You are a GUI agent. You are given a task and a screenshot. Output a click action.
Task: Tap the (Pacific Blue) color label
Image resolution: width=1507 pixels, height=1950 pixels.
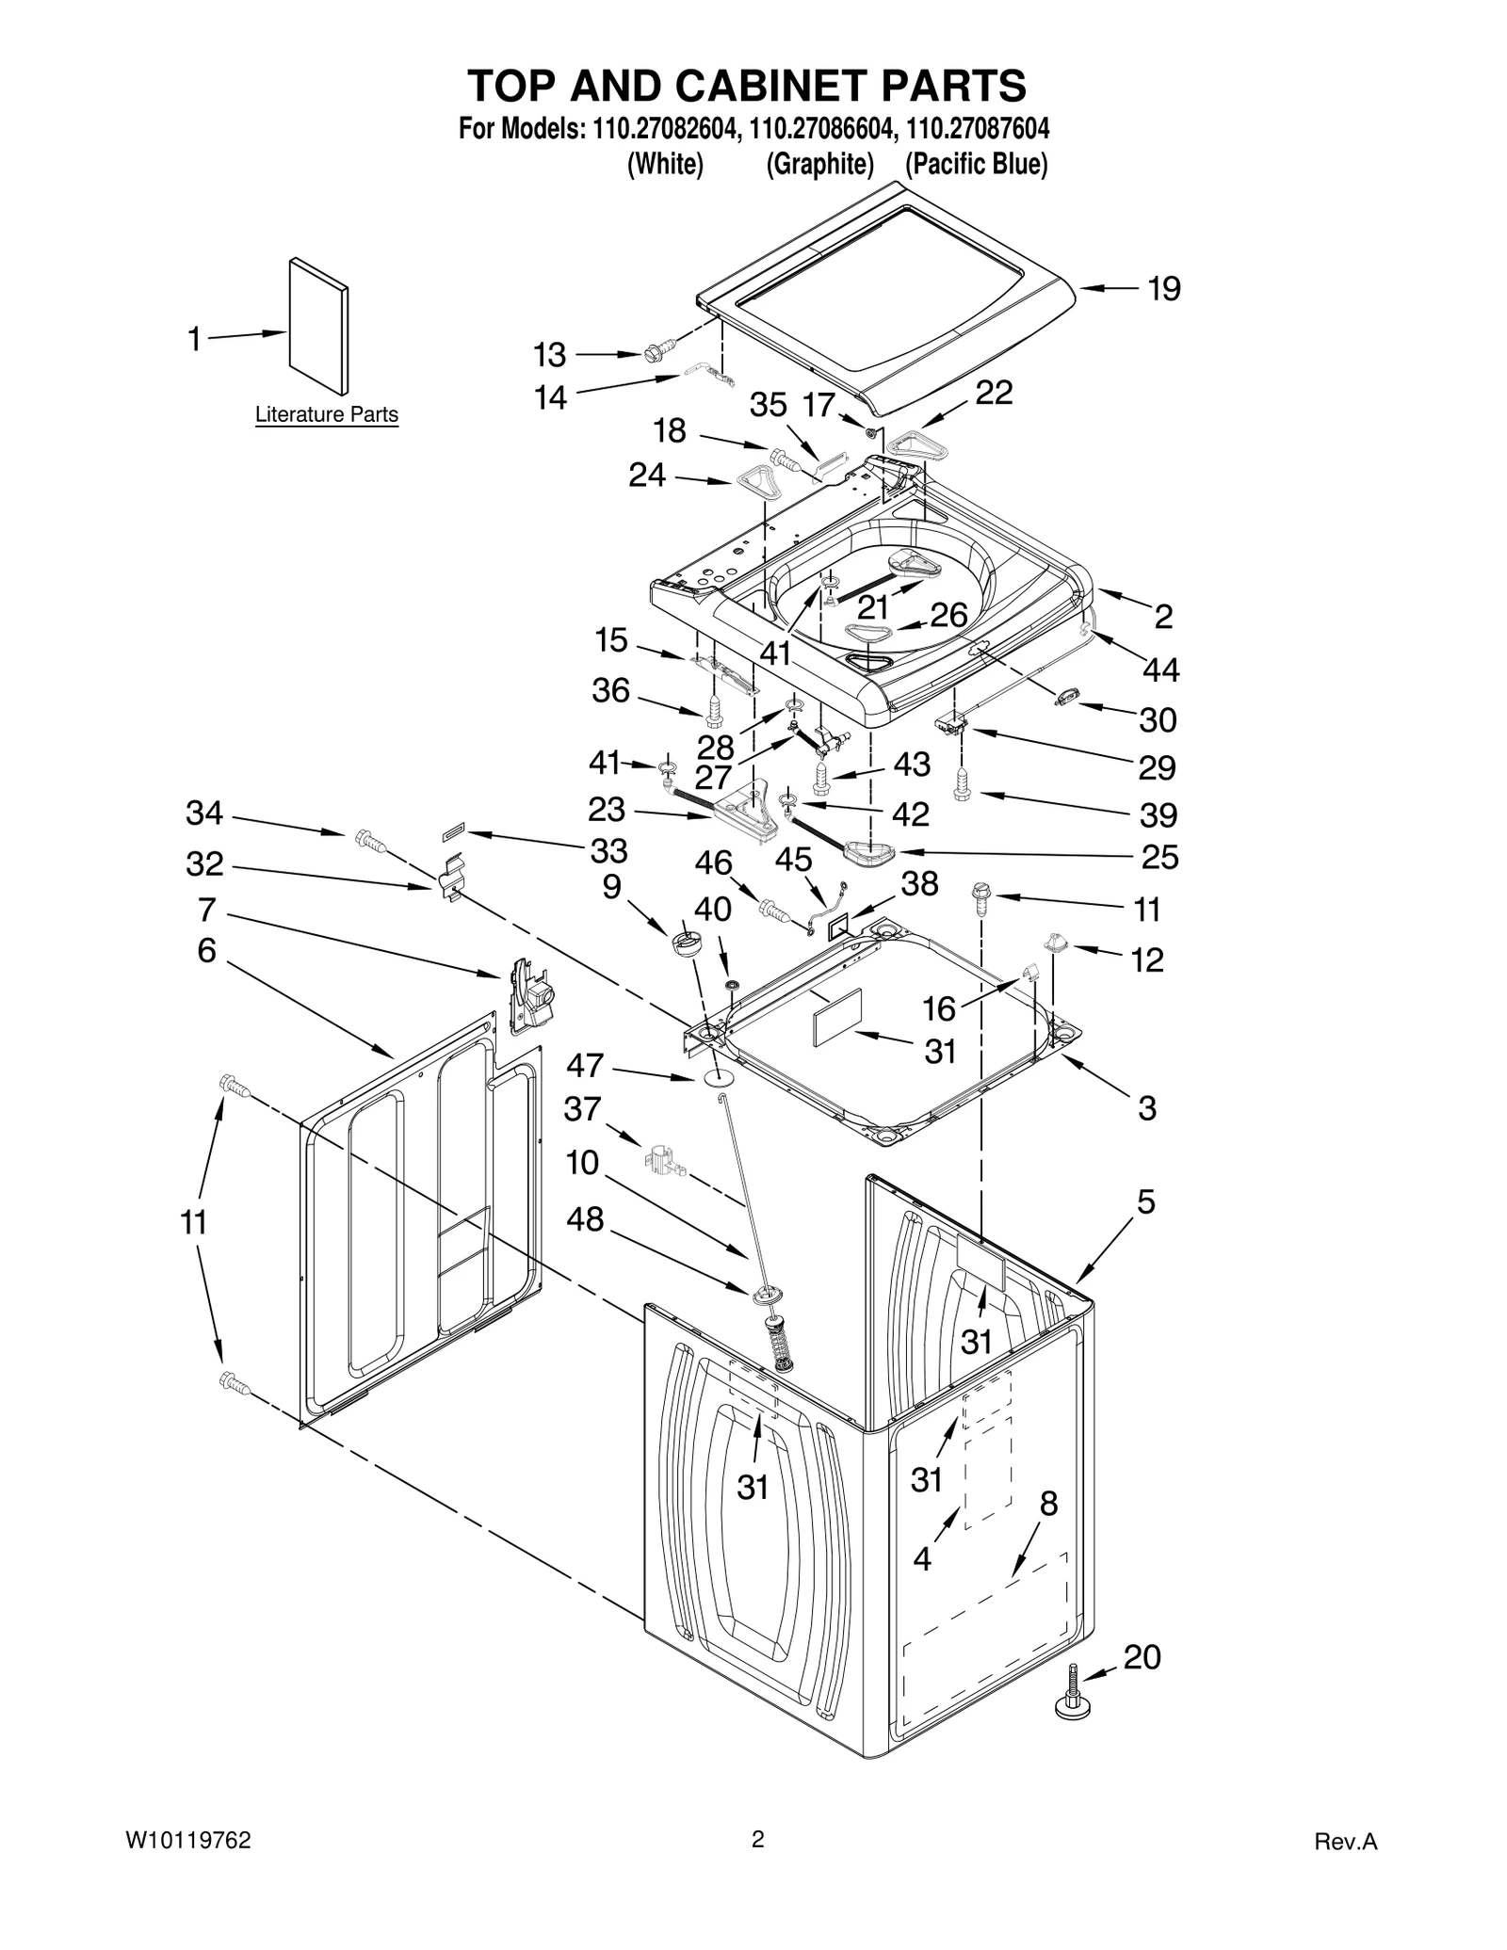tap(976, 164)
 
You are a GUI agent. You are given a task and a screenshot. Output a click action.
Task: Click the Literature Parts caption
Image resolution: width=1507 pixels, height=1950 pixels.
tap(327, 414)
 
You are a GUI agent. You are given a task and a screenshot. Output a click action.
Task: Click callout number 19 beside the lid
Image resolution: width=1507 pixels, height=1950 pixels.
tap(1163, 289)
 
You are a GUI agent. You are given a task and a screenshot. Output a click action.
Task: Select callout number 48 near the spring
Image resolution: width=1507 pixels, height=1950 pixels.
tap(584, 1219)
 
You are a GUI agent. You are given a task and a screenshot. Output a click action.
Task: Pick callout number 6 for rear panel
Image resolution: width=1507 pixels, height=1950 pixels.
tap(206, 951)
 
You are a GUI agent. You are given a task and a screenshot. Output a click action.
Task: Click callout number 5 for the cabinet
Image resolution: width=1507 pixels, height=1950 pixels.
tap(1145, 1202)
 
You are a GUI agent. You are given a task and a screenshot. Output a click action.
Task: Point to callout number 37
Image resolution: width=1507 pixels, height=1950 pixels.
tap(582, 1109)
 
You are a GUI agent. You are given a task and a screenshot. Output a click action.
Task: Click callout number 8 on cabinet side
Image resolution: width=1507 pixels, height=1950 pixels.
tap(1048, 1504)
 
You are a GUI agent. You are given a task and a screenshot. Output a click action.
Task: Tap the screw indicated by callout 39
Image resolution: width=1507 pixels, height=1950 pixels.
tap(962, 784)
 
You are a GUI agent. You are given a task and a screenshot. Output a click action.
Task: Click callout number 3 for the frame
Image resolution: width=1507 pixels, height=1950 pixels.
tap(1146, 1108)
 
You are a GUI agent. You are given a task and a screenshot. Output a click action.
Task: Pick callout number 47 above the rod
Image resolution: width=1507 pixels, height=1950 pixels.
tap(584, 1065)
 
